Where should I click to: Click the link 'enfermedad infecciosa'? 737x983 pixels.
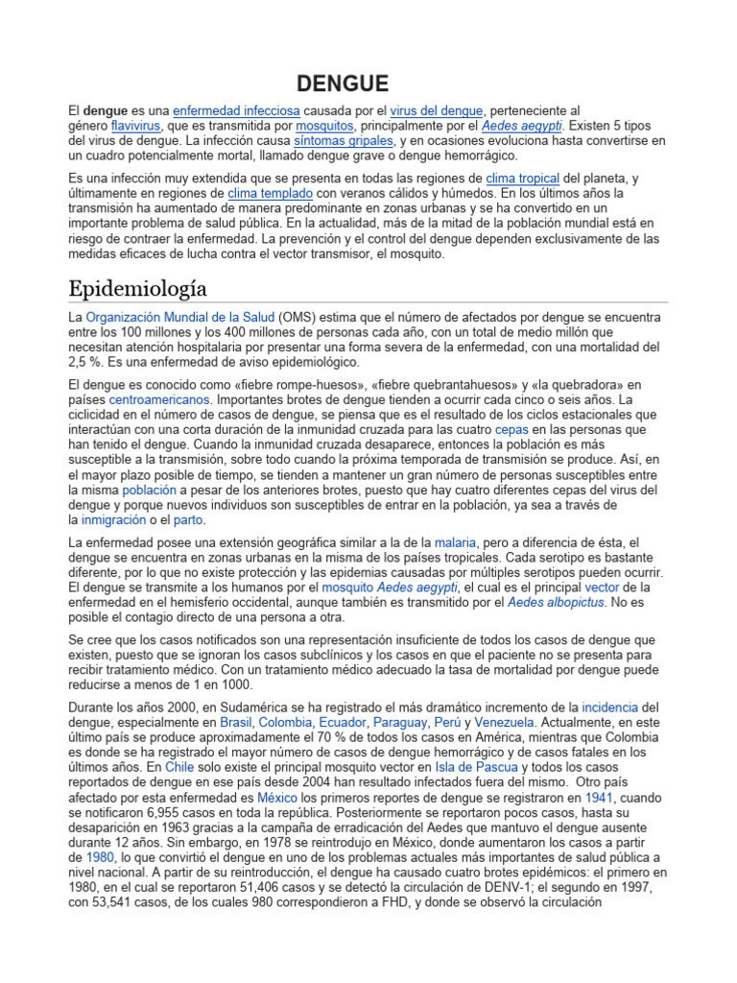[x=236, y=111]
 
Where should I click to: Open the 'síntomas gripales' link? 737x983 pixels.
[x=332, y=140]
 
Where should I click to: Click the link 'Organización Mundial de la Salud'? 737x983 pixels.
[x=180, y=316]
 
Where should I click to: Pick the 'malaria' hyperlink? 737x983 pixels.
[x=455, y=542]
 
